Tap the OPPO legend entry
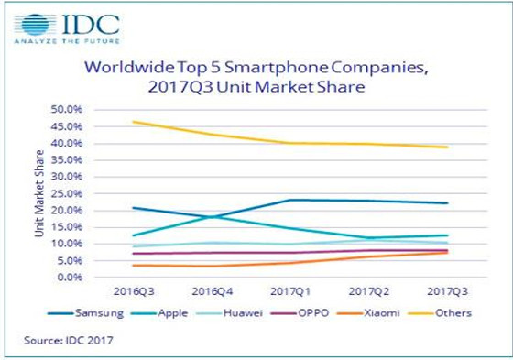[318, 313]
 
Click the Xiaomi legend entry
[385, 313]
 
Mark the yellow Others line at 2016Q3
[134, 121]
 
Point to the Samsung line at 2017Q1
[290, 200]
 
